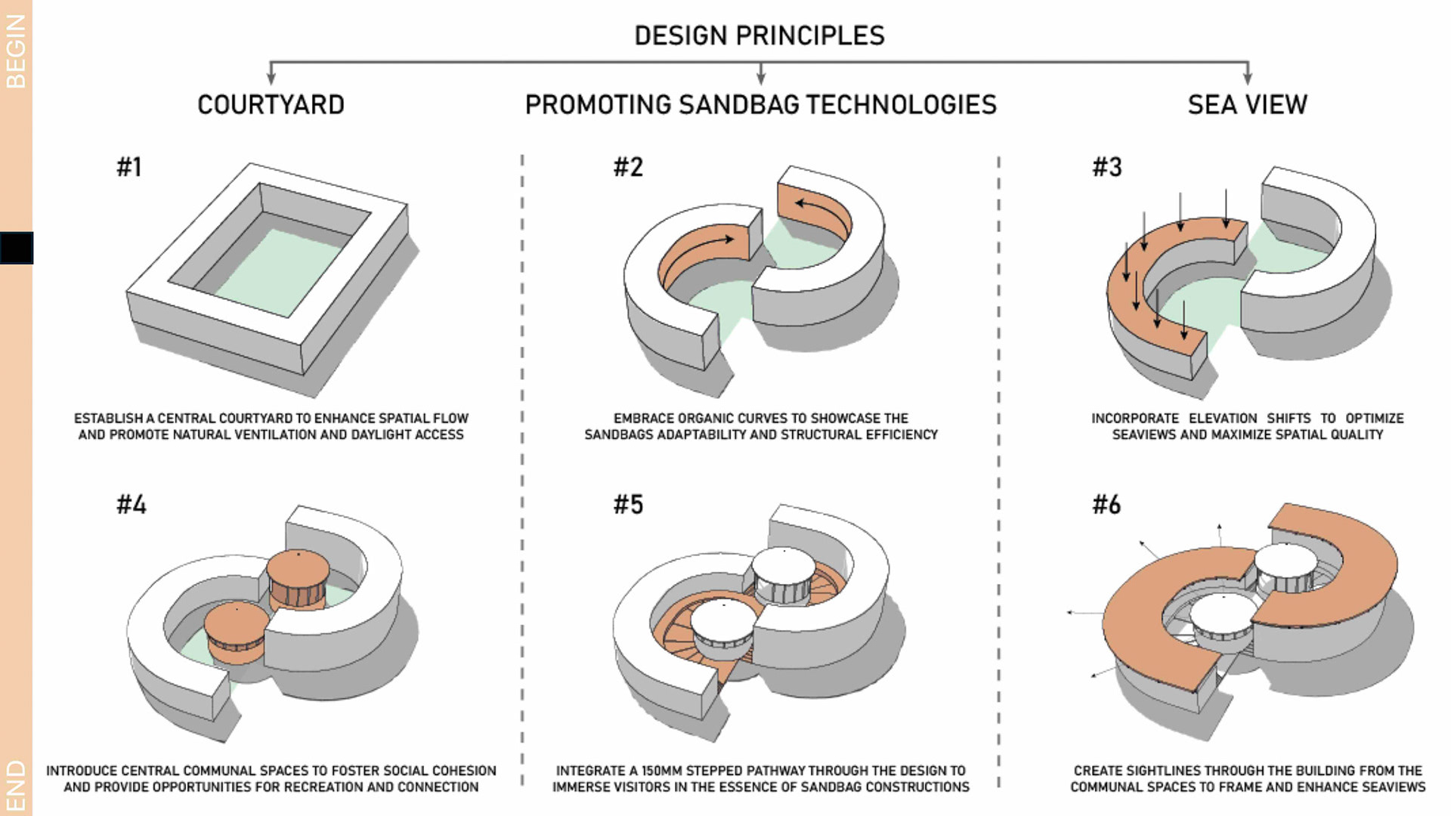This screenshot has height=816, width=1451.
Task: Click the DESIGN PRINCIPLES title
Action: (759, 36)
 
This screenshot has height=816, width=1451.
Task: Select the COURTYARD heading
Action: (271, 104)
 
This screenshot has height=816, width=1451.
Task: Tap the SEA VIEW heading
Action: (1247, 104)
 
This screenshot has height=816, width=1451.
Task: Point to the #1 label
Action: (129, 167)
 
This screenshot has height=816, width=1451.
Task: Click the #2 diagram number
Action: (628, 167)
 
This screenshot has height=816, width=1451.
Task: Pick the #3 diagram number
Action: (1107, 167)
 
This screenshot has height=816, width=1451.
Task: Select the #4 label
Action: (131, 505)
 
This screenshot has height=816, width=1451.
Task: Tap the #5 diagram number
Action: (628, 505)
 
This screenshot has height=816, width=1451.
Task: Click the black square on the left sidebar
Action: (17, 248)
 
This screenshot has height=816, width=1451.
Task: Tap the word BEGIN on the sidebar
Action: (16, 51)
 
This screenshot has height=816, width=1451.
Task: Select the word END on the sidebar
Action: (16, 787)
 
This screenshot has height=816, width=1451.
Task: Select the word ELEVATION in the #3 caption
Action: (1223, 419)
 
